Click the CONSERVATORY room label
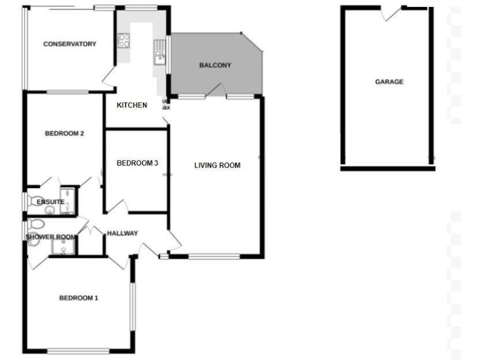[69, 44]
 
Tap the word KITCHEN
[132, 105]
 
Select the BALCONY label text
[215, 66]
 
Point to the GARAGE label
[389, 82]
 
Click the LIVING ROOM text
[217, 166]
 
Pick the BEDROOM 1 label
[79, 298]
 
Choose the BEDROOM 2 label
[64, 134]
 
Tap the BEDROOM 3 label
[137, 163]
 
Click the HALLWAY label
[122, 234]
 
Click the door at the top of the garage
[392, 11]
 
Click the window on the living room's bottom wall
[214, 256]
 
